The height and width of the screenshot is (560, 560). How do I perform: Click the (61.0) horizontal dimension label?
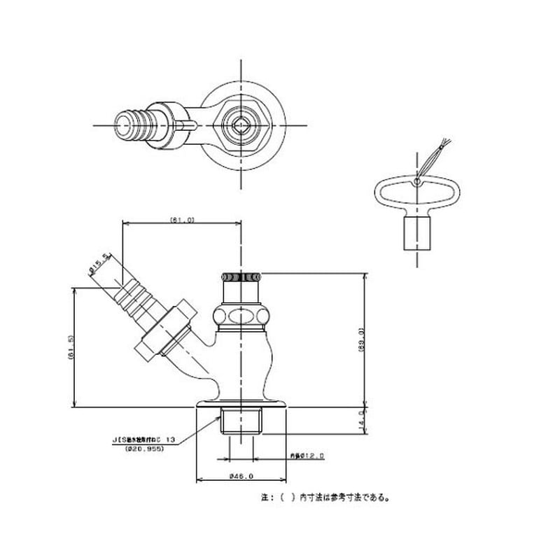coord(181,220)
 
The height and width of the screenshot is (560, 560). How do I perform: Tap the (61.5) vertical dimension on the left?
coord(71,347)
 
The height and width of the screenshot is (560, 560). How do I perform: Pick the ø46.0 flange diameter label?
coord(241,476)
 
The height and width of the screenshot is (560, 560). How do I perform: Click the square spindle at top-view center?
coord(241,126)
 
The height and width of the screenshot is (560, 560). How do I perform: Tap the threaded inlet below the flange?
coord(241,423)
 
